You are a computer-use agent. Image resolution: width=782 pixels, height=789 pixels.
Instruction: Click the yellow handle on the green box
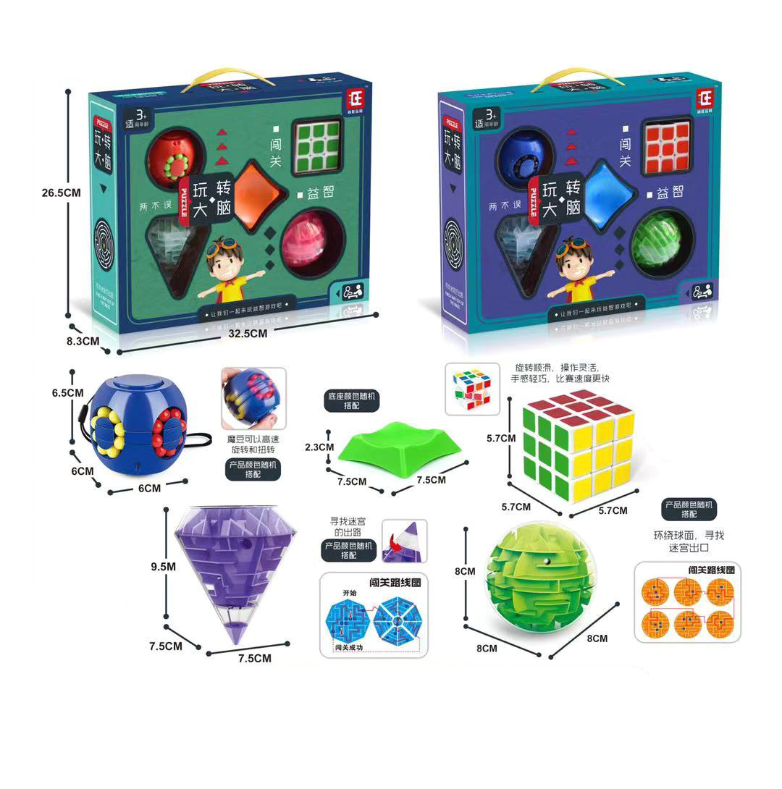pos(220,77)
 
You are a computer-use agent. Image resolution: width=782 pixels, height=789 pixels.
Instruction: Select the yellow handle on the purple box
pos(572,77)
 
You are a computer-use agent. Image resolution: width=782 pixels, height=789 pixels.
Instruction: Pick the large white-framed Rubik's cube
pos(578,444)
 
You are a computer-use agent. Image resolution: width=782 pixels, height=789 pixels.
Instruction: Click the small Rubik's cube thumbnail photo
pos(473,388)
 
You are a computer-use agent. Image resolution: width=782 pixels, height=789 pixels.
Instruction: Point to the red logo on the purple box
pos(705,98)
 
